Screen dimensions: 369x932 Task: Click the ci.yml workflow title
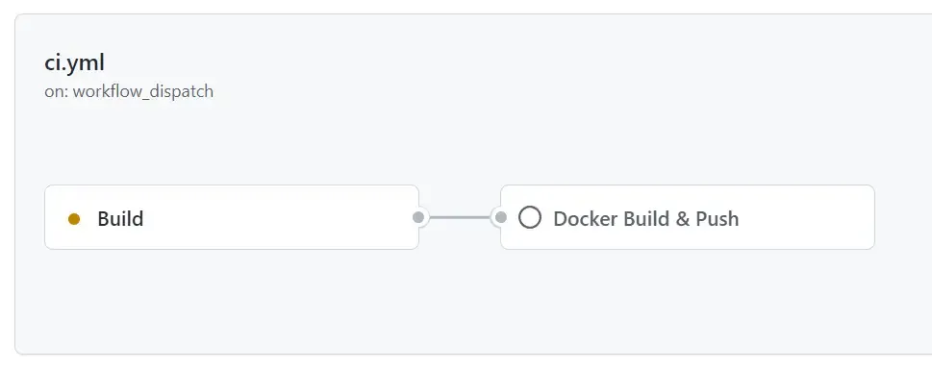(x=74, y=62)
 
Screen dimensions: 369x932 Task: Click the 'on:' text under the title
(x=56, y=92)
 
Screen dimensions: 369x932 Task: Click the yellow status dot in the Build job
(x=74, y=219)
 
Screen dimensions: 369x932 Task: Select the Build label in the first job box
(x=120, y=219)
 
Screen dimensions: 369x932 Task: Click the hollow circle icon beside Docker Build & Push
(x=529, y=217)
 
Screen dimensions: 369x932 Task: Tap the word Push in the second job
(x=717, y=219)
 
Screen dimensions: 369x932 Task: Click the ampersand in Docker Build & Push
(x=682, y=219)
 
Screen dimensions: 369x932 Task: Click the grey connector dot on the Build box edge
(x=418, y=217)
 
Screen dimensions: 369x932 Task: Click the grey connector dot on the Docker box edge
(x=500, y=217)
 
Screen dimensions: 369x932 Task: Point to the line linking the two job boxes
(x=459, y=217)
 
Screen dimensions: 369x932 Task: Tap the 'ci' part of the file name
(x=52, y=62)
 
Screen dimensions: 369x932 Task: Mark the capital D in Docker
(x=560, y=219)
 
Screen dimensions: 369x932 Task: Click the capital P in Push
(x=701, y=219)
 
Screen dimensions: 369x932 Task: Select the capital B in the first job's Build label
(x=103, y=219)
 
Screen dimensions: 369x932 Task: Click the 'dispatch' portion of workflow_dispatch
(x=185, y=92)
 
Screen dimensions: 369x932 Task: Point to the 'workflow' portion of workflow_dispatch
(x=105, y=92)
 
